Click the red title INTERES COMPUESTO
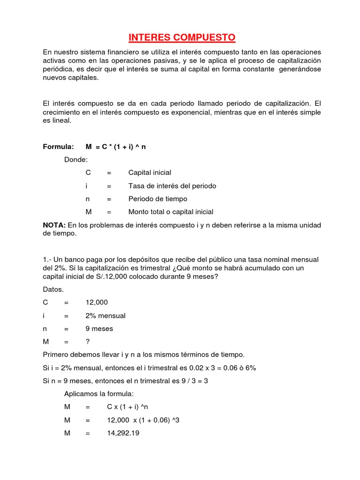[180, 37]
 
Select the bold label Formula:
[59, 147]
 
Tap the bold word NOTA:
[54, 225]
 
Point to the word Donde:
[76, 160]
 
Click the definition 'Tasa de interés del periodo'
[172, 186]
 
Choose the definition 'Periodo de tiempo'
[157, 199]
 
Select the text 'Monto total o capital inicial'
[171, 212]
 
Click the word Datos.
[53, 290]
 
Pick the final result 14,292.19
[123, 433]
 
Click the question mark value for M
[87, 342]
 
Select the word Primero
[56, 355]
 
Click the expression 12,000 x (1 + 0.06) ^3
[143, 420]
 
